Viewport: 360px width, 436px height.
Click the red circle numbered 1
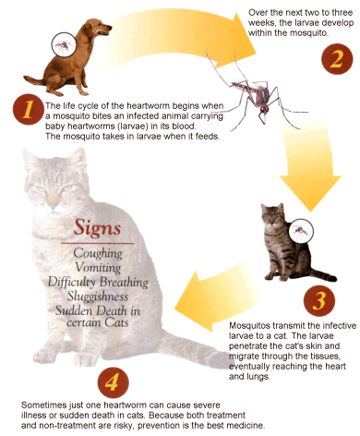28,109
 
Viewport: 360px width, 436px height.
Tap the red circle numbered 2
337,59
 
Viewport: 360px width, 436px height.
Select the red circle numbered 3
319,300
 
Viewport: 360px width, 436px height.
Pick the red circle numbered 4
113,382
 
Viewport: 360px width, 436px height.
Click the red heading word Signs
97,228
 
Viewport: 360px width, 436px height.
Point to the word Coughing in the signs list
98,254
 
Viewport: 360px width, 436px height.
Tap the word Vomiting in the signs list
98,268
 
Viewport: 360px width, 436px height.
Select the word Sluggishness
98,297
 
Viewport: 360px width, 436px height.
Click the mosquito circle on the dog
63,44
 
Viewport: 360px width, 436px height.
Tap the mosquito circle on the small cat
301,231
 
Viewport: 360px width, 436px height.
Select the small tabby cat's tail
323,274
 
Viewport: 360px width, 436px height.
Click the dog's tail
33,80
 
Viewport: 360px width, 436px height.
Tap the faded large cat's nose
54,205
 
